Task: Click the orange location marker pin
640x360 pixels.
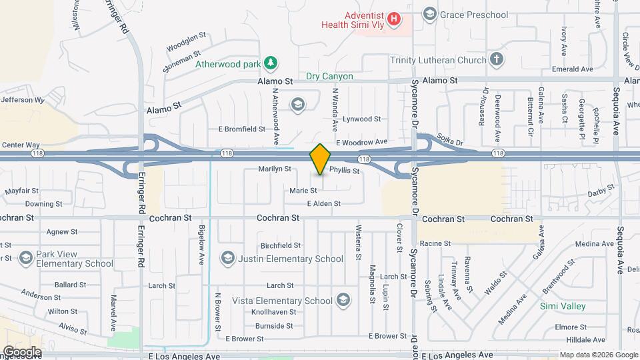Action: (x=321, y=159)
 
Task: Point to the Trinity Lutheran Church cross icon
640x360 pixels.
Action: (x=495, y=60)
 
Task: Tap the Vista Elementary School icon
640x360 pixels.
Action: (x=343, y=301)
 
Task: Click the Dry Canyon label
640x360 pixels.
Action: (x=329, y=77)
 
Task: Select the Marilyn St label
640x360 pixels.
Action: (x=275, y=169)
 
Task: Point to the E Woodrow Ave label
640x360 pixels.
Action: (x=361, y=142)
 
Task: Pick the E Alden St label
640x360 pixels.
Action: (x=323, y=203)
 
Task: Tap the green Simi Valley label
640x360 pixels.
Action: (x=563, y=306)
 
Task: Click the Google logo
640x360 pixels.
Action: (x=21, y=351)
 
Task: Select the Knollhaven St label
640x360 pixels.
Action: (x=273, y=312)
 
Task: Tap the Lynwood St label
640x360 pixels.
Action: (x=361, y=119)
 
